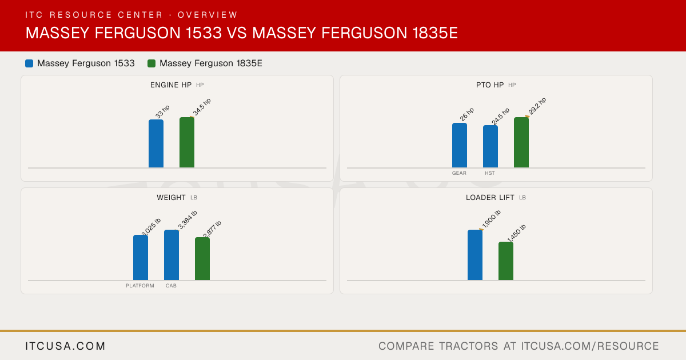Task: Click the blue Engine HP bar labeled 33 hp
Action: tap(156, 143)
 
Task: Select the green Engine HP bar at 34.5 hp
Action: tap(187, 142)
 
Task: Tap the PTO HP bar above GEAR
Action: tap(460, 145)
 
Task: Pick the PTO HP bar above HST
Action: tap(490, 146)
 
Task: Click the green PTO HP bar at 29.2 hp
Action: tap(521, 142)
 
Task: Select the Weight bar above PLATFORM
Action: tap(141, 258)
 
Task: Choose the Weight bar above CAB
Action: tap(171, 255)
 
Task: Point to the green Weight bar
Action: tap(202, 259)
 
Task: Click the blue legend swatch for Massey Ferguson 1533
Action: tap(29, 63)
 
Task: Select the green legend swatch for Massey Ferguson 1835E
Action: tap(151, 63)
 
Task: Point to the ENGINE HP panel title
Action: tap(171, 85)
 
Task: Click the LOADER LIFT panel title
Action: tap(490, 198)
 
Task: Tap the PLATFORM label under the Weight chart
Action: tap(140, 286)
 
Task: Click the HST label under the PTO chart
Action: tap(490, 173)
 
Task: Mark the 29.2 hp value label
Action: tap(537, 106)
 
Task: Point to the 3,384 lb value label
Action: tap(188, 220)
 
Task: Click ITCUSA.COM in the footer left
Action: tap(65, 346)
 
